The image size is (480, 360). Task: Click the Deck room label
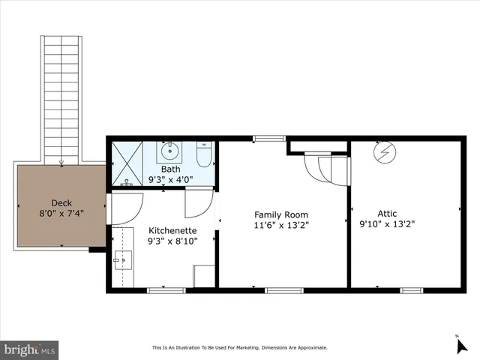(61, 202)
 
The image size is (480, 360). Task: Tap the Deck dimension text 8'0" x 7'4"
(61, 213)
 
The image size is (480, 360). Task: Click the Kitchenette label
(172, 230)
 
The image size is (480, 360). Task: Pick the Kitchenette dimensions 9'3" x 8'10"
(172, 241)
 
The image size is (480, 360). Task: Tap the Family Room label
(282, 214)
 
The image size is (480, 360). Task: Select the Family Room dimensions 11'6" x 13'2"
(282, 223)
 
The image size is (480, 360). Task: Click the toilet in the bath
(203, 155)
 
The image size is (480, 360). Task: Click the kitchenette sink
(122, 261)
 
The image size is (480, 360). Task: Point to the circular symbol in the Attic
(385, 152)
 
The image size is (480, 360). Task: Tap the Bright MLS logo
(30, 349)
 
